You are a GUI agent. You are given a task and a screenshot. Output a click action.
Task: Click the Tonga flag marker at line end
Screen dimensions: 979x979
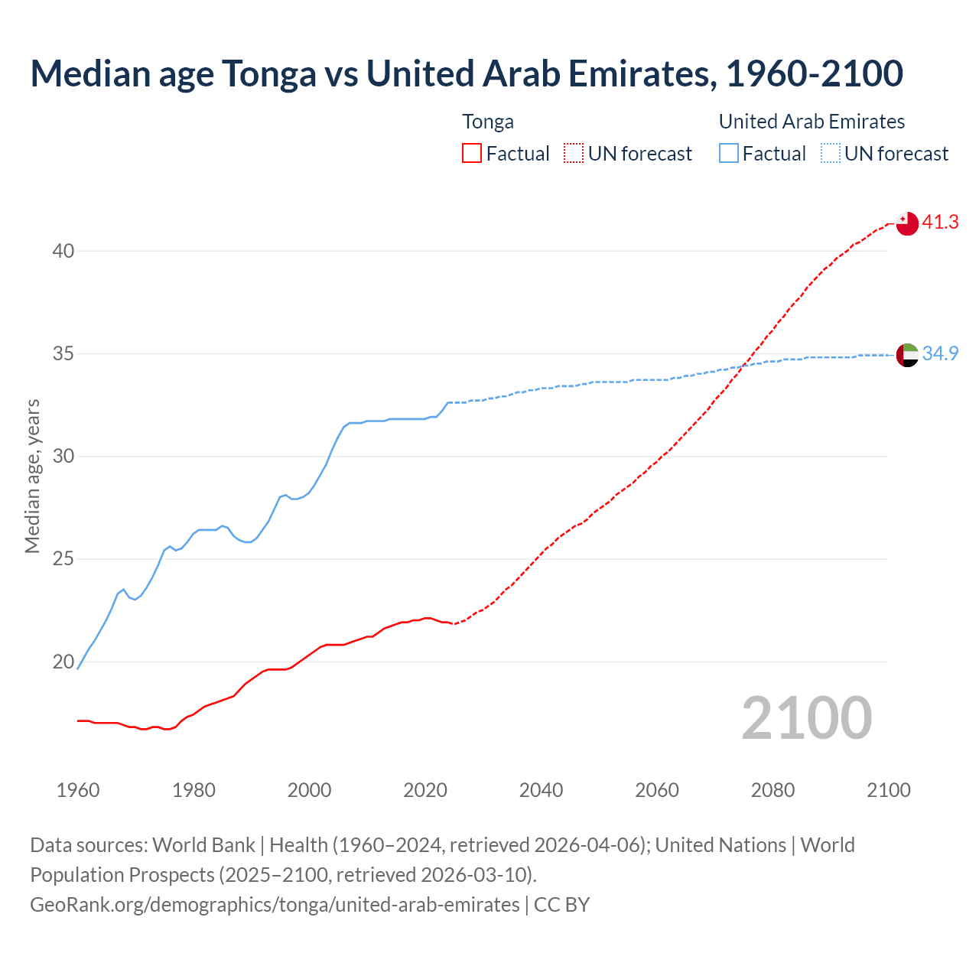click(x=907, y=223)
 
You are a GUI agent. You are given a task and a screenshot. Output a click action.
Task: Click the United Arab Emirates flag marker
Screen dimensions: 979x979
click(x=907, y=355)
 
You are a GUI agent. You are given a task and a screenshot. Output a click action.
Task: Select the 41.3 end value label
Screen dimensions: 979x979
click(x=940, y=223)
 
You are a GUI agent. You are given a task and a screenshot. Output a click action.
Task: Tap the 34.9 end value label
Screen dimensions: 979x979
click(x=940, y=353)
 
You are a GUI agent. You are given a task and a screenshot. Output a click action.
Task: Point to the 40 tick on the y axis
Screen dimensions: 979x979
click(x=63, y=251)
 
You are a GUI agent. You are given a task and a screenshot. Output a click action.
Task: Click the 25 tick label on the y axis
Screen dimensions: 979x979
click(x=63, y=559)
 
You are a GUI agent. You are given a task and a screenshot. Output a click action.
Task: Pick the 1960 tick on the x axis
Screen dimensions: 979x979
click(x=78, y=790)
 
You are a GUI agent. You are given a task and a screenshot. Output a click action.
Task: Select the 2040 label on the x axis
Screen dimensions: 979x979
click(x=541, y=790)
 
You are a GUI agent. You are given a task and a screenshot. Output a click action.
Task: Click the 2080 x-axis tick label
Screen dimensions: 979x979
click(x=772, y=790)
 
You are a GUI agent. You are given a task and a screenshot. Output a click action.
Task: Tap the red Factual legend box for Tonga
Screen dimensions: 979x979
click(x=472, y=154)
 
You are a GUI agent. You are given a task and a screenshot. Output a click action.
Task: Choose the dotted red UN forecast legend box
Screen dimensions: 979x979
click(x=574, y=154)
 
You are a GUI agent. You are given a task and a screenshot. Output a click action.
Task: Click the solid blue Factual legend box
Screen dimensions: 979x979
click(x=729, y=154)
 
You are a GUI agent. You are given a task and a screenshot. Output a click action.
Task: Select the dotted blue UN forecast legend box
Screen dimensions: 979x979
click(x=831, y=154)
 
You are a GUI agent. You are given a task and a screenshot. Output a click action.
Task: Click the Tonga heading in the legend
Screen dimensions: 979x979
click(x=488, y=122)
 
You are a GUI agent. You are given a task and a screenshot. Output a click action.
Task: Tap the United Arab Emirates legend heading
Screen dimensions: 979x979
click(x=811, y=122)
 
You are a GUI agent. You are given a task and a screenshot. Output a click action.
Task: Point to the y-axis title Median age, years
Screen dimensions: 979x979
click(x=32, y=476)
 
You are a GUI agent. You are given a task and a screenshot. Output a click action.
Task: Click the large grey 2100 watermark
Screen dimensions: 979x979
click(x=806, y=717)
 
